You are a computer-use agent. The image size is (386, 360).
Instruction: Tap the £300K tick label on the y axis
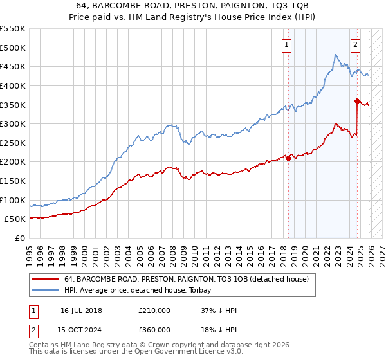pyautogui.click(x=12, y=123)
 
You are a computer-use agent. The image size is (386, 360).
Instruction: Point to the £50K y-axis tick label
pyautogui.click(x=15, y=219)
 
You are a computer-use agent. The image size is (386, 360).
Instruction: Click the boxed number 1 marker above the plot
pyautogui.click(x=286, y=44)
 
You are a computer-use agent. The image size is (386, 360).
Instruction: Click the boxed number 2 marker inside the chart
pyautogui.click(x=355, y=44)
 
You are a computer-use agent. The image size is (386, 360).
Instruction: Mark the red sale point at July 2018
pyautogui.click(x=288, y=159)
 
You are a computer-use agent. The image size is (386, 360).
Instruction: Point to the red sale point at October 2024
pyautogui.click(x=357, y=100)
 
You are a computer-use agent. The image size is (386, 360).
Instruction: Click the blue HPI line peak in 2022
pyautogui.click(x=336, y=55)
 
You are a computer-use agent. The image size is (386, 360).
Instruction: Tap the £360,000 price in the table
pyautogui.click(x=154, y=329)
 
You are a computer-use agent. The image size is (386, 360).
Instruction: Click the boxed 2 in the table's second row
pyautogui.click(x=33, y=329)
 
